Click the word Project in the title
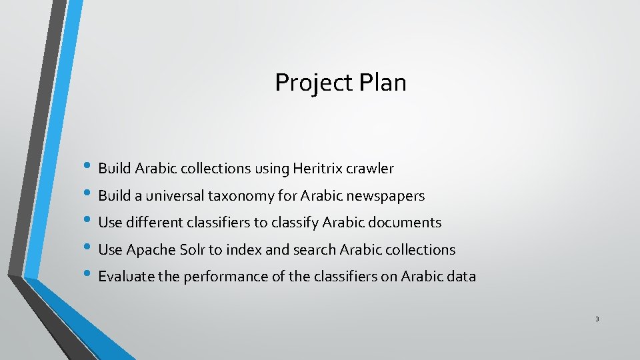pos(313,83)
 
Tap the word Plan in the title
pos(382,83)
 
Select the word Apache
pos(151,250)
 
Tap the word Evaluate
pos(126,277)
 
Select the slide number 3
pos(597,319)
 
